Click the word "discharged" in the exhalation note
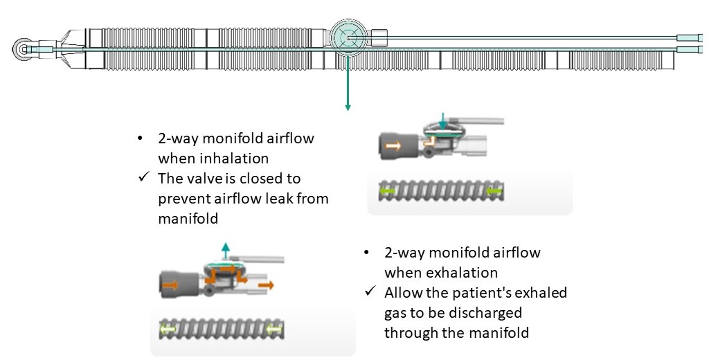point(489,312)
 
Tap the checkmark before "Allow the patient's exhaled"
point(370,293)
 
